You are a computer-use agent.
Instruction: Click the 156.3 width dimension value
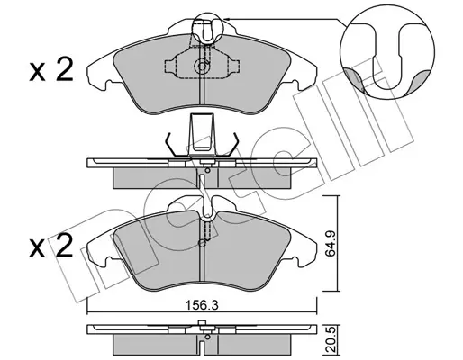click(x=202, y=305)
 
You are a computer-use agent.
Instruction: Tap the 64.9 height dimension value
click(x=331, y=244)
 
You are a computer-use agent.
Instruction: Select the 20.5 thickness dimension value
click(x=331, y=342)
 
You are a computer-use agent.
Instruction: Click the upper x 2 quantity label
click(x=51, y=71)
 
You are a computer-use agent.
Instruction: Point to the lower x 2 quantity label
click(x=51, y=247)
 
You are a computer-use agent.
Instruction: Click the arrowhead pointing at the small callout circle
click(x=227, y=19)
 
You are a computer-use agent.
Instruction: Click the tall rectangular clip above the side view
click(x=202, y=132)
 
